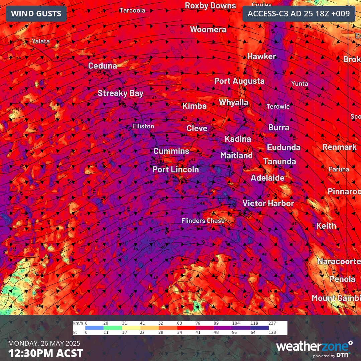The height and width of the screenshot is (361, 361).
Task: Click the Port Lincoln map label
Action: [x=175, y=169]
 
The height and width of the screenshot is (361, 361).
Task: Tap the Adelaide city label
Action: [x=267, y=178]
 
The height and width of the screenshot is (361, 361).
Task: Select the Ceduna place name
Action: [x=103, y=66]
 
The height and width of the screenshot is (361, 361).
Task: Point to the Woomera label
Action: [x=208, y=29]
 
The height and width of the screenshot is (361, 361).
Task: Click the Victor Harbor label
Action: [x=268, y=203]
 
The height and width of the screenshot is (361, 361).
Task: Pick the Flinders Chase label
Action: [x=203, y=221]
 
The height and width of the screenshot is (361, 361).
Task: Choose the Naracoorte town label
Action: [x=338, y=261]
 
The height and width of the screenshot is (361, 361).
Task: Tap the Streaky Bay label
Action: [x=120, y=93]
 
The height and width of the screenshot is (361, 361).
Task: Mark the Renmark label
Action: [x=339, y=147]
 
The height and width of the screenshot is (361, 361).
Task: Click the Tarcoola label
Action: [x=132, y=10]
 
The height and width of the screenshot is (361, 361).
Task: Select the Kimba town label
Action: [x=194, y=106]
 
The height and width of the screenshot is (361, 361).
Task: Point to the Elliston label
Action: [x=143, y=126]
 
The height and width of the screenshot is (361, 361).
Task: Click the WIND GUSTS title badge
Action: [x=36, y=14]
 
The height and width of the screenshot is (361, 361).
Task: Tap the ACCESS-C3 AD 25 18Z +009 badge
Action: [x=298, y=14]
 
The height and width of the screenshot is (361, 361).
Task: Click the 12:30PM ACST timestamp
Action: [x=45, y=353]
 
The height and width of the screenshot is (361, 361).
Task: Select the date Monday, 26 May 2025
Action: [x=44, y=343]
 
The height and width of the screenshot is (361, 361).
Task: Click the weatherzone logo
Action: [x=314, y=347]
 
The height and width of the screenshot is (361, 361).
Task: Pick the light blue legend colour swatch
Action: [x=95, y=328]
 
